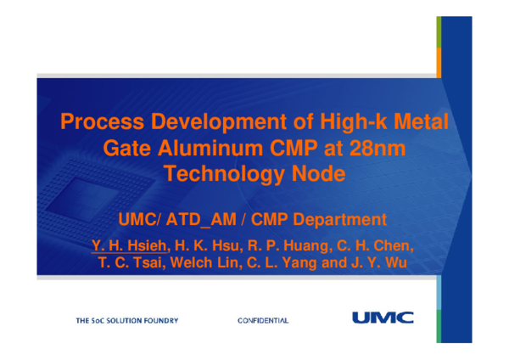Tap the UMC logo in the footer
[x=378, y=318]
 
